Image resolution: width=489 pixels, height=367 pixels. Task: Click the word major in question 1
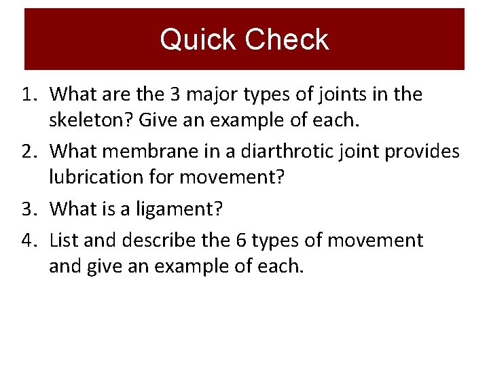[x=209, y=94]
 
